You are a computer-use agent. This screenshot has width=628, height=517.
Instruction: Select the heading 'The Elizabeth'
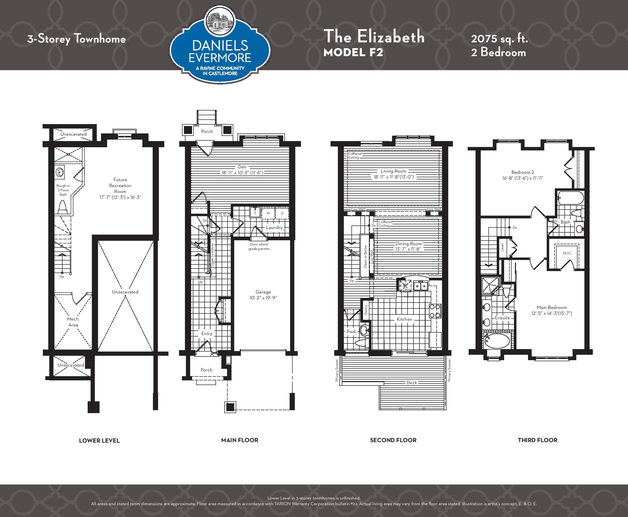coord(374,36)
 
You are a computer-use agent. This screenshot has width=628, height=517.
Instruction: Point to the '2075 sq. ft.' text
coord(499,39)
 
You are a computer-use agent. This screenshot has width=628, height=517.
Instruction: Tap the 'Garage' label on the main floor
coord(263,292)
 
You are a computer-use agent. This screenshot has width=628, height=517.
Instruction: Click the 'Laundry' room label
coord(274,227)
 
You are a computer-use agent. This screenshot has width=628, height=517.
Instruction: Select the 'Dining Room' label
coord(408,244)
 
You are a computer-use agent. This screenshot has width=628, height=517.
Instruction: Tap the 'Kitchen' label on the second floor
coord(404,319)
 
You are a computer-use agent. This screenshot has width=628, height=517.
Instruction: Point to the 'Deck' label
coord(412,383)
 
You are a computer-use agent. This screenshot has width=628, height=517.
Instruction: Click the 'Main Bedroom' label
coord(552,307)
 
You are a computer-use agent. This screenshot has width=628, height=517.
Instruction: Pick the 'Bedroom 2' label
coord(523,172)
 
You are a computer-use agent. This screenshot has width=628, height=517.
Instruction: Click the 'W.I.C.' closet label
coord(567,253)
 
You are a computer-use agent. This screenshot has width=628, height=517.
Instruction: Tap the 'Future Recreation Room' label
coord(120,186)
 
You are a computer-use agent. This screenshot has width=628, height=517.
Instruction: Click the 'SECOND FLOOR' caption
coord(393,440)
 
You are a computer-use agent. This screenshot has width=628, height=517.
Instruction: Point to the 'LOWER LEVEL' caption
coord(99,440)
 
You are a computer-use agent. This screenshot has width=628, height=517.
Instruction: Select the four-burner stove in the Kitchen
coord(435,311)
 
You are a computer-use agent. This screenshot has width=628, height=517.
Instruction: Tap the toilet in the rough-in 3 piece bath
coord(62,207)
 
